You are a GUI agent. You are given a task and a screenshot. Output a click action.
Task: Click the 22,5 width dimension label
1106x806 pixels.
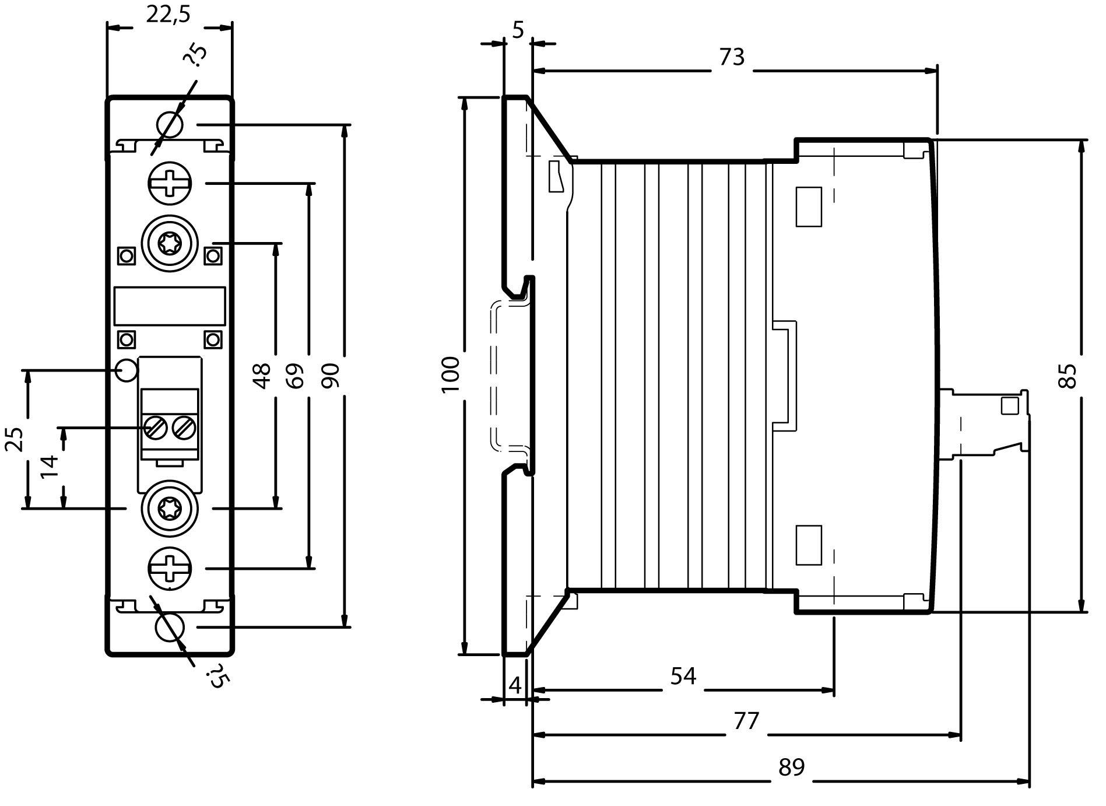pos(168,15)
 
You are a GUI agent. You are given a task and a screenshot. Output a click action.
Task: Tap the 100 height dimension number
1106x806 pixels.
pos(451,374)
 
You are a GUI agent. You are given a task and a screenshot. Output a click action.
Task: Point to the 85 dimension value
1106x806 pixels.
pos(1069,376)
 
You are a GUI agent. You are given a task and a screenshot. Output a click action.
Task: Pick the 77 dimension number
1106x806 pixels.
pos(746,721)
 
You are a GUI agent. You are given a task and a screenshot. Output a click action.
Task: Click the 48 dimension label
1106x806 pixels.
pos(262,376)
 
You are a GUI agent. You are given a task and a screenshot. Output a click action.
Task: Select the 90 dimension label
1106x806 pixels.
pos(330,376)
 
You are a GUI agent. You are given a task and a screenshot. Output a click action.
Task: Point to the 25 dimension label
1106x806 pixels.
pos(15,439)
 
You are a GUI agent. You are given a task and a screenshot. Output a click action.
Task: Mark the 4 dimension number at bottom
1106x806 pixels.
pos(515,685)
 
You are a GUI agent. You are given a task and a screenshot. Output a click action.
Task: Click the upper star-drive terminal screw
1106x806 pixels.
pos(170,243)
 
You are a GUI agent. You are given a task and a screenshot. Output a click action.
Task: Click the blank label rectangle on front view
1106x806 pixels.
pos(170,306)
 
